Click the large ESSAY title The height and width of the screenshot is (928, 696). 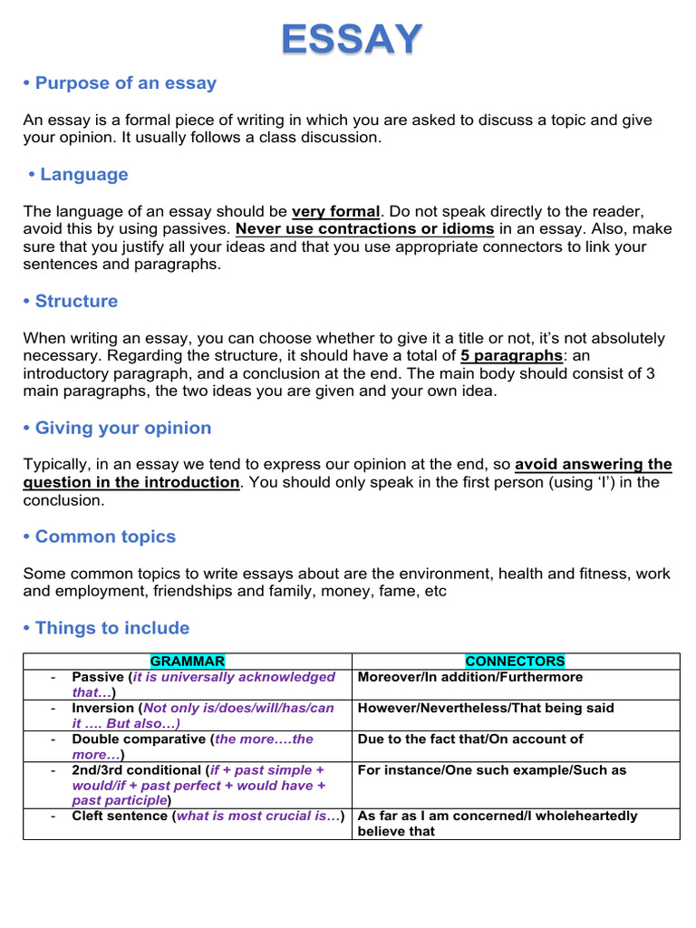pos(352,39)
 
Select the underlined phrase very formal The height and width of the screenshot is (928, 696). pos(335,212)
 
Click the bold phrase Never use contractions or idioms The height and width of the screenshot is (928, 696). pos(364,229)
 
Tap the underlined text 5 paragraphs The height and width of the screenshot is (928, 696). pos(511,356)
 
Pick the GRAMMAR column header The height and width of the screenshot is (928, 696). pos(188,662)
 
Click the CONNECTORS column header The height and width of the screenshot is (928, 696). pos(515,662)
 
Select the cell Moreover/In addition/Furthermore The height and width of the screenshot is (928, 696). pos(470,677)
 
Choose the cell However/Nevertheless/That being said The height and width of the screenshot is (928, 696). pos(486,708)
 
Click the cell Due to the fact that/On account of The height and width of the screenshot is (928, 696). pos(470,739)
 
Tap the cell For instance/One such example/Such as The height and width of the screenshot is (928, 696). pos(492,770)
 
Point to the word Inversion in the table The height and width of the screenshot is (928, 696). pos(102,708)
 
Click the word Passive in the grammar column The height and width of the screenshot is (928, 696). pos(98,677)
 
